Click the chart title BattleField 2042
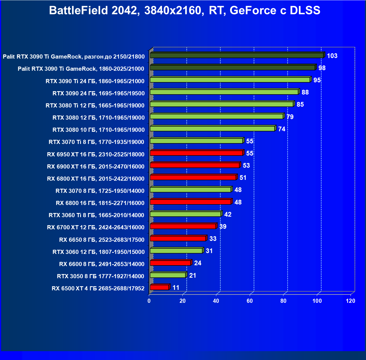185,10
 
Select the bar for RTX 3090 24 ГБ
224,92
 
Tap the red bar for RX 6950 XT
196,153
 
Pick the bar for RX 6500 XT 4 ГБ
159,287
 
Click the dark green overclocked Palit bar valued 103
237,56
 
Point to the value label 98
322,68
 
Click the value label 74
281,129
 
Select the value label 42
228,214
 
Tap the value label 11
176,288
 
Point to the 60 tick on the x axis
250,301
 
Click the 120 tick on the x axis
351,301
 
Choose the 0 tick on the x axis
149,301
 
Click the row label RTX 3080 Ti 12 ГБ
95,105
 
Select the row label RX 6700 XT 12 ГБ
96,227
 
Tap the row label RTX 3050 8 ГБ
101,276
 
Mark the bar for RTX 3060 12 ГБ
176,251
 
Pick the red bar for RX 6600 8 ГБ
170,263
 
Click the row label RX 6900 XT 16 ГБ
96,166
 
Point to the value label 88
305,92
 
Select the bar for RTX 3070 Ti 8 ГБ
196,141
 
